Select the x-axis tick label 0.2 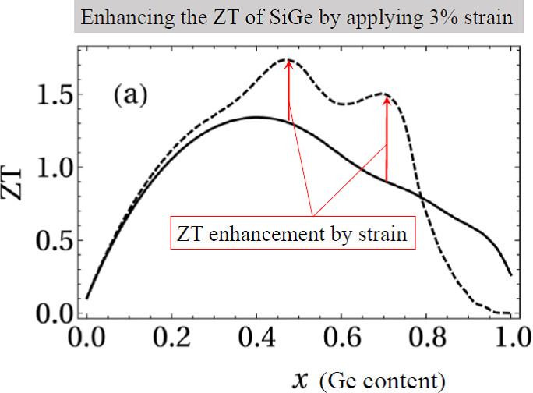pos(171,340)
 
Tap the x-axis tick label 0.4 pos(256,340)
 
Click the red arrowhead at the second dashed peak pos(387,100)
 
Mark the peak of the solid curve pos(256,117)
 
